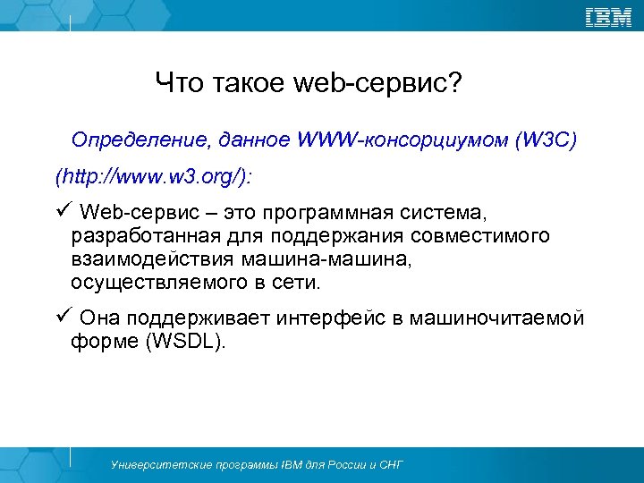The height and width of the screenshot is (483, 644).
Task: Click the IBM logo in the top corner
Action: click(x=608, y=17)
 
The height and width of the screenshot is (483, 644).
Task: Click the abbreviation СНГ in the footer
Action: click(x=390, y=465)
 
